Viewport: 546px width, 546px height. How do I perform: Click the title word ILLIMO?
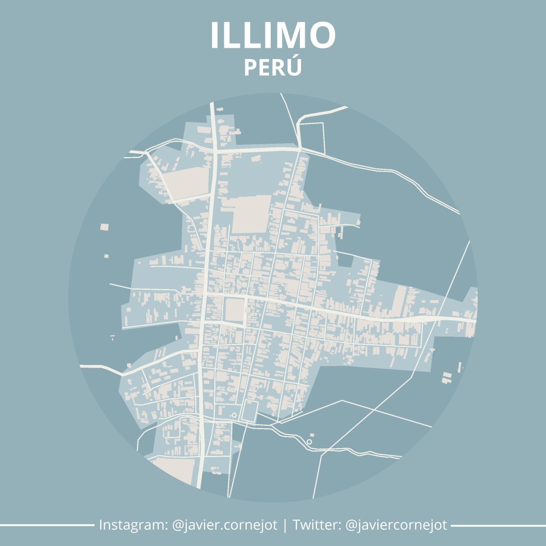click(x=273, y=35)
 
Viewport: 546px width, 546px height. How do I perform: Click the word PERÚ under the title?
click(x=273, y=67)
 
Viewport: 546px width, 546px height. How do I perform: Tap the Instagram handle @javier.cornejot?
click(x=225, y=525)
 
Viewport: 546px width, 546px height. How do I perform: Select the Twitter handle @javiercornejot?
click(x=396, y=525)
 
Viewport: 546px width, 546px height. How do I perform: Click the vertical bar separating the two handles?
click(x=285, y=525)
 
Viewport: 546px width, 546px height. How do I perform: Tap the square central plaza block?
click(x=235, y=310)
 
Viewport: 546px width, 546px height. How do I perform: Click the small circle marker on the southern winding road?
click(x=309, y=442)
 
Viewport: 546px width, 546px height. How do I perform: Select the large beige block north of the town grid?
click(x=251, y=214)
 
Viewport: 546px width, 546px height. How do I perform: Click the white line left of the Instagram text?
click(x=45, y=525)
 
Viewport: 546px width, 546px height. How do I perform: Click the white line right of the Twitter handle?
click(x=498, y=525)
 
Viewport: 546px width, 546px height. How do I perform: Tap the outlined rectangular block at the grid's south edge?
click(x=249, y=411)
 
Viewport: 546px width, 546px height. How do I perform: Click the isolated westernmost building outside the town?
click(x=105, y=226)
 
